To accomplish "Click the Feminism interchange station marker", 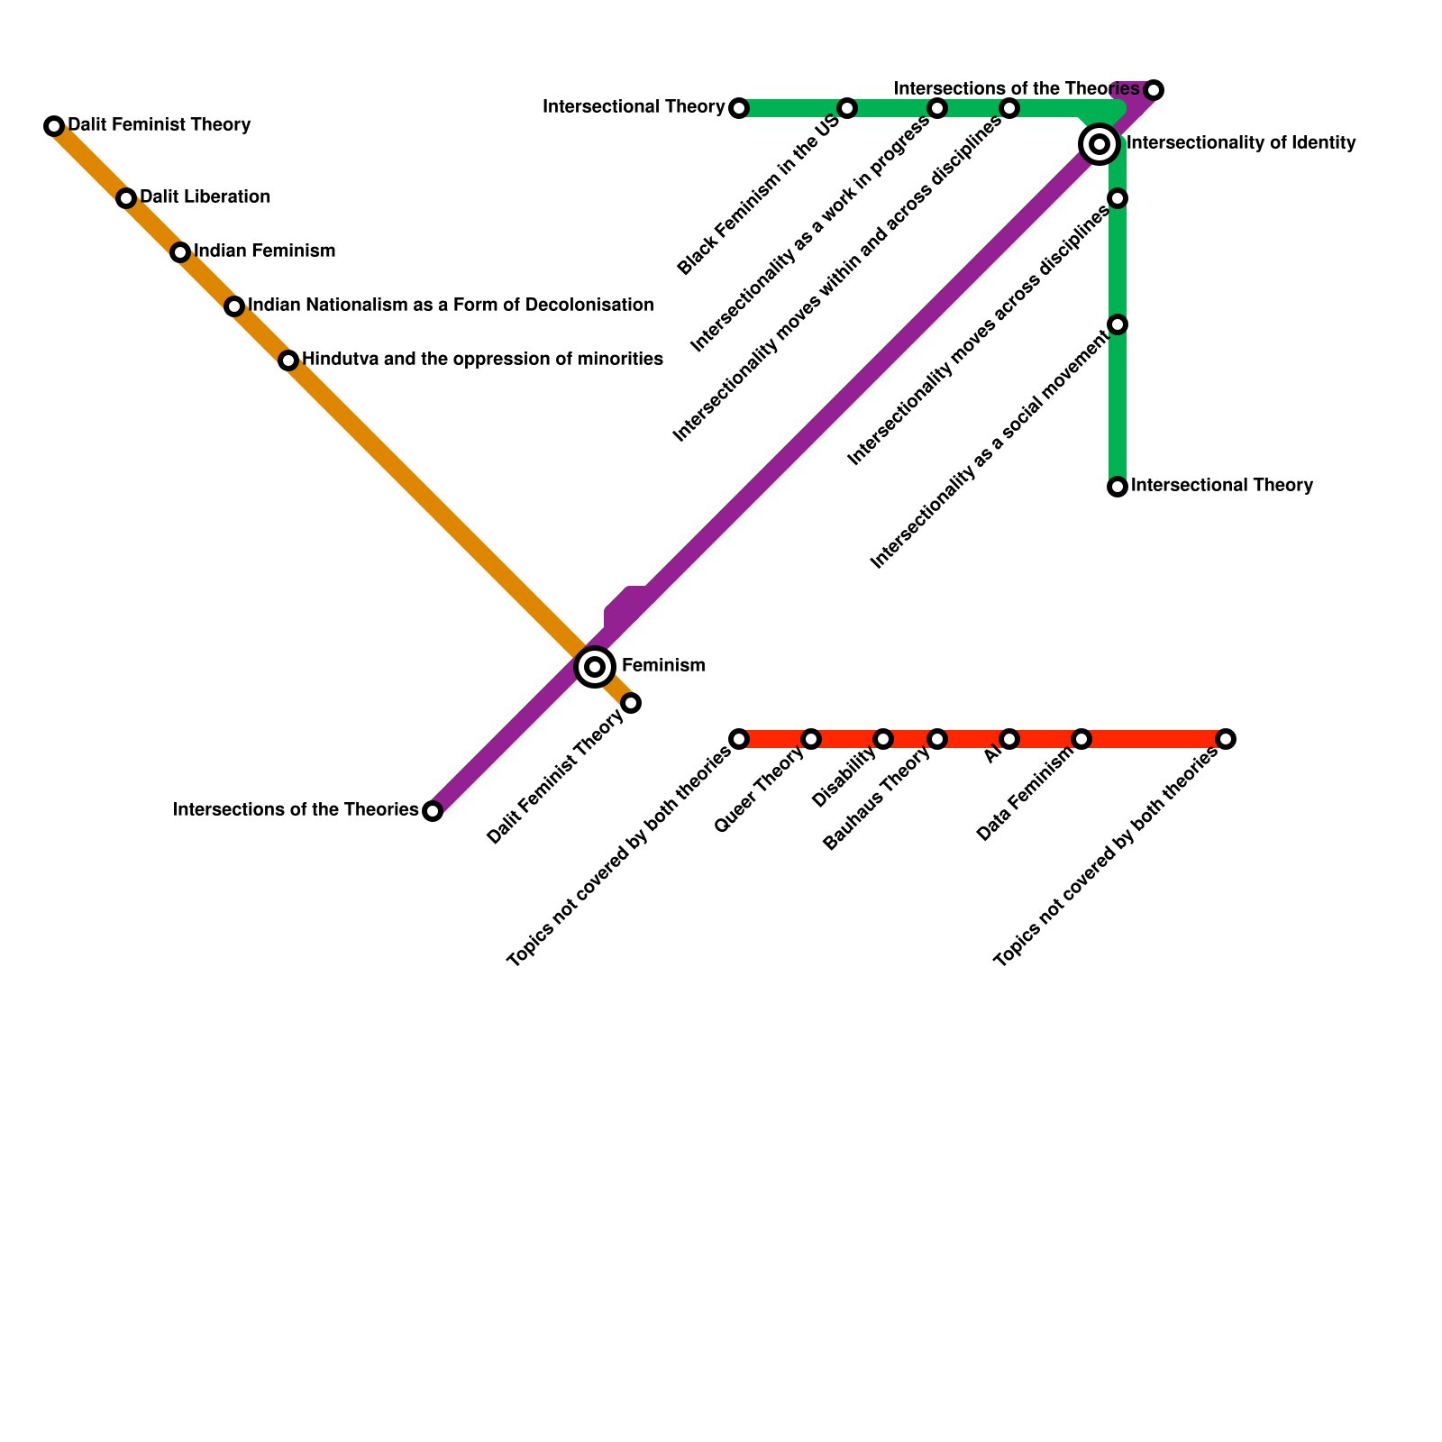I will point(595,667).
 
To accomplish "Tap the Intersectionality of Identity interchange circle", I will point(1100,143).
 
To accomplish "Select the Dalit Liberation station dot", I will point(126,198).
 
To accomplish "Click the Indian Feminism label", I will point(264,251).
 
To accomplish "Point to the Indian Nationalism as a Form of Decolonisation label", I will point(451,305).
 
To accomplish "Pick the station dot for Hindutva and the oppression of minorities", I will point(288,360).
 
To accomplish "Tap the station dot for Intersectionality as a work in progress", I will point(937,108).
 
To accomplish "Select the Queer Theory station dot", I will point(811,739).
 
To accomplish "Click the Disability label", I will point(844,778).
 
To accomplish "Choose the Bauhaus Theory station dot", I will point(937,739).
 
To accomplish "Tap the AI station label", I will point(993,755).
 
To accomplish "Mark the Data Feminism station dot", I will point(1081,739).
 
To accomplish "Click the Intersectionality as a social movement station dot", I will point(1118,324).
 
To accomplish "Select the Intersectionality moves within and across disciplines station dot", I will point(1009,108).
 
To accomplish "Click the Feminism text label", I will point(663,666).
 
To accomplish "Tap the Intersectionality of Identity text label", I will point(1241,142).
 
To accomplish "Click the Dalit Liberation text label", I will point(205,196).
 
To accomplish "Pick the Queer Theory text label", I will point(759,791).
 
